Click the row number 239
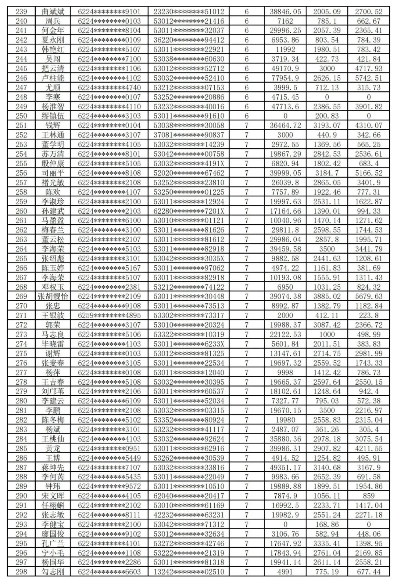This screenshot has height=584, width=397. click(21, 12)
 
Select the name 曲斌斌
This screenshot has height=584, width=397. click(53, 12)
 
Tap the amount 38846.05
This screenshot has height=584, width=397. click(285, 12)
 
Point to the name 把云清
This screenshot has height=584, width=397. click(53, 69)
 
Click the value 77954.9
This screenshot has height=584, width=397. click(285, 78)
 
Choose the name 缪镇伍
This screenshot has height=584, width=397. click(53, 116)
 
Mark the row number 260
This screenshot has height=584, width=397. click(21, 211)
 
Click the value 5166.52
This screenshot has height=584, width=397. click(369, 173)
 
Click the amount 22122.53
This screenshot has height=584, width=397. click(285, 334)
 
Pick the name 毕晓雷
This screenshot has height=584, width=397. click(53, 344)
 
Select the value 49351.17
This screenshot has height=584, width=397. click(285, 467)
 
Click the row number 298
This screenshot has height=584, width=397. click(21, 572)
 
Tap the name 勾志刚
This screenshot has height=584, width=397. click(53, 572)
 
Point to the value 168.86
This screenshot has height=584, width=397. click(327, 524)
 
